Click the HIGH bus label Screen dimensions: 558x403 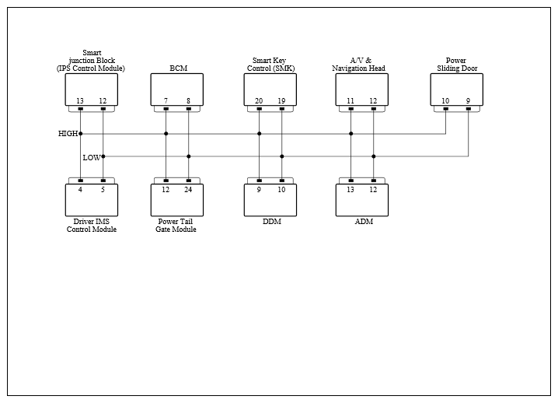68,134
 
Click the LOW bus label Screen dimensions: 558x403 92,157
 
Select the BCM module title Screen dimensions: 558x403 178,68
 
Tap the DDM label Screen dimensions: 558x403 272,221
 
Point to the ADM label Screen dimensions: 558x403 364,221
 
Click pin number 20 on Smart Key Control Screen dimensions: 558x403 259,101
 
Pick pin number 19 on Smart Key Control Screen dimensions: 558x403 281,101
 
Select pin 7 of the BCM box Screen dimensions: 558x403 166,101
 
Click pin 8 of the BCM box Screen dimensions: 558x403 189,101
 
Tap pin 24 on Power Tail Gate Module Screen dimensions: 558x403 188,190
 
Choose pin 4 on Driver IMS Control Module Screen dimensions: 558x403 80,190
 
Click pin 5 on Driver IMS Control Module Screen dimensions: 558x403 103,190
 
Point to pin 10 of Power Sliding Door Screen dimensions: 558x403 445,101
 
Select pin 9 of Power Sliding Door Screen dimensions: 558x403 469,101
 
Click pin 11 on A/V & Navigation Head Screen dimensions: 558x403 350,101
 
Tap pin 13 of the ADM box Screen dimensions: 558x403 350,190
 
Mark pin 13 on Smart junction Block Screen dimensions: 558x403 80,101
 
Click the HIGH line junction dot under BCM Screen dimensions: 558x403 166,134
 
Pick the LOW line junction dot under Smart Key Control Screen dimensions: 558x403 282,156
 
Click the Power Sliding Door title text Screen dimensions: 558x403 457,64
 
